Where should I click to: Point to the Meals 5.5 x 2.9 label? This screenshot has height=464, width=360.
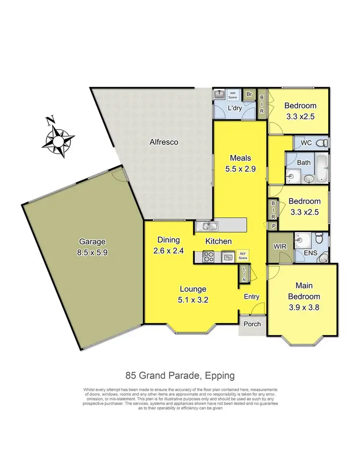[x=240, y=163]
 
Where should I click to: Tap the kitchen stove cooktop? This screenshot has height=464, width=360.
[x=208, y=257]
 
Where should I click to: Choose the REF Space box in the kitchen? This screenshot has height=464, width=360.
[x=243, y=257]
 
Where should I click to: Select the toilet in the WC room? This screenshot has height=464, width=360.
[x=323, y=143]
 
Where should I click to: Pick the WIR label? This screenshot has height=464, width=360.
[x=279, y=247]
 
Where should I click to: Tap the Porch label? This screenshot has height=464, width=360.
[x=252, y=324]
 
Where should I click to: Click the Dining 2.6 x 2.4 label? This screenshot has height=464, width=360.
[x=168, y=245]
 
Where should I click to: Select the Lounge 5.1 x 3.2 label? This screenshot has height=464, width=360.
[x=193, y=294]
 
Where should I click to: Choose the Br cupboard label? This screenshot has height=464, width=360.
[x=249, y=94]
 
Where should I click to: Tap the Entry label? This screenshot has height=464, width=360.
[x=252, y=297]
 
